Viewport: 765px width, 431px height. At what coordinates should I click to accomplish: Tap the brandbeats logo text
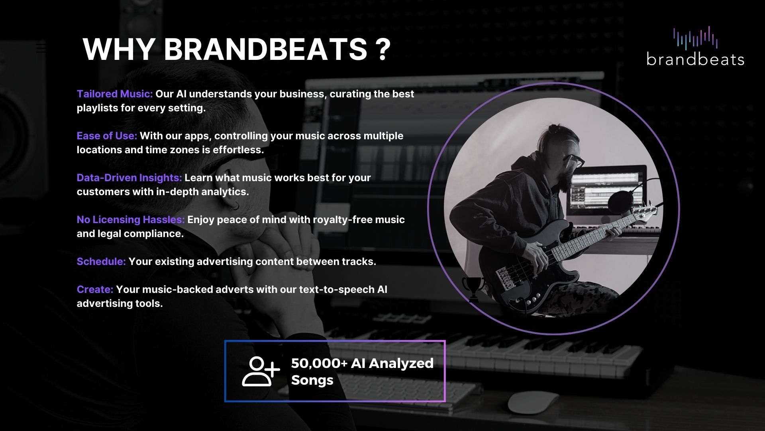pyautogui.click(x=695, y=59)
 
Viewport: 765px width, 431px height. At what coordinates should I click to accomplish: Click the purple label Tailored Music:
pyautogui.click(x=115, y=94)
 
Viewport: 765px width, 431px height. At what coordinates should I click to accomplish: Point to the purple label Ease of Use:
pyautogui.click(x=107, y=136)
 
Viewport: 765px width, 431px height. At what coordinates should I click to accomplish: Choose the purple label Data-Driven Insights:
pyautogui.click(x=129, y=178)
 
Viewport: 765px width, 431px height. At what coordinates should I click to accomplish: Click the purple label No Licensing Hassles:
pyautogui.click(x=131, y=219)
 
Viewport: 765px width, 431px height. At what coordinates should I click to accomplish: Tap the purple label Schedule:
pyautogui.click(x=101, y=261)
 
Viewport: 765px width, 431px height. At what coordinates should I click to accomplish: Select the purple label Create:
pyautogui.click(x=95, y=289)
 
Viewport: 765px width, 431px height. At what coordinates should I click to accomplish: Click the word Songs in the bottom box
pyautogui.click(x=312, y=380)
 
